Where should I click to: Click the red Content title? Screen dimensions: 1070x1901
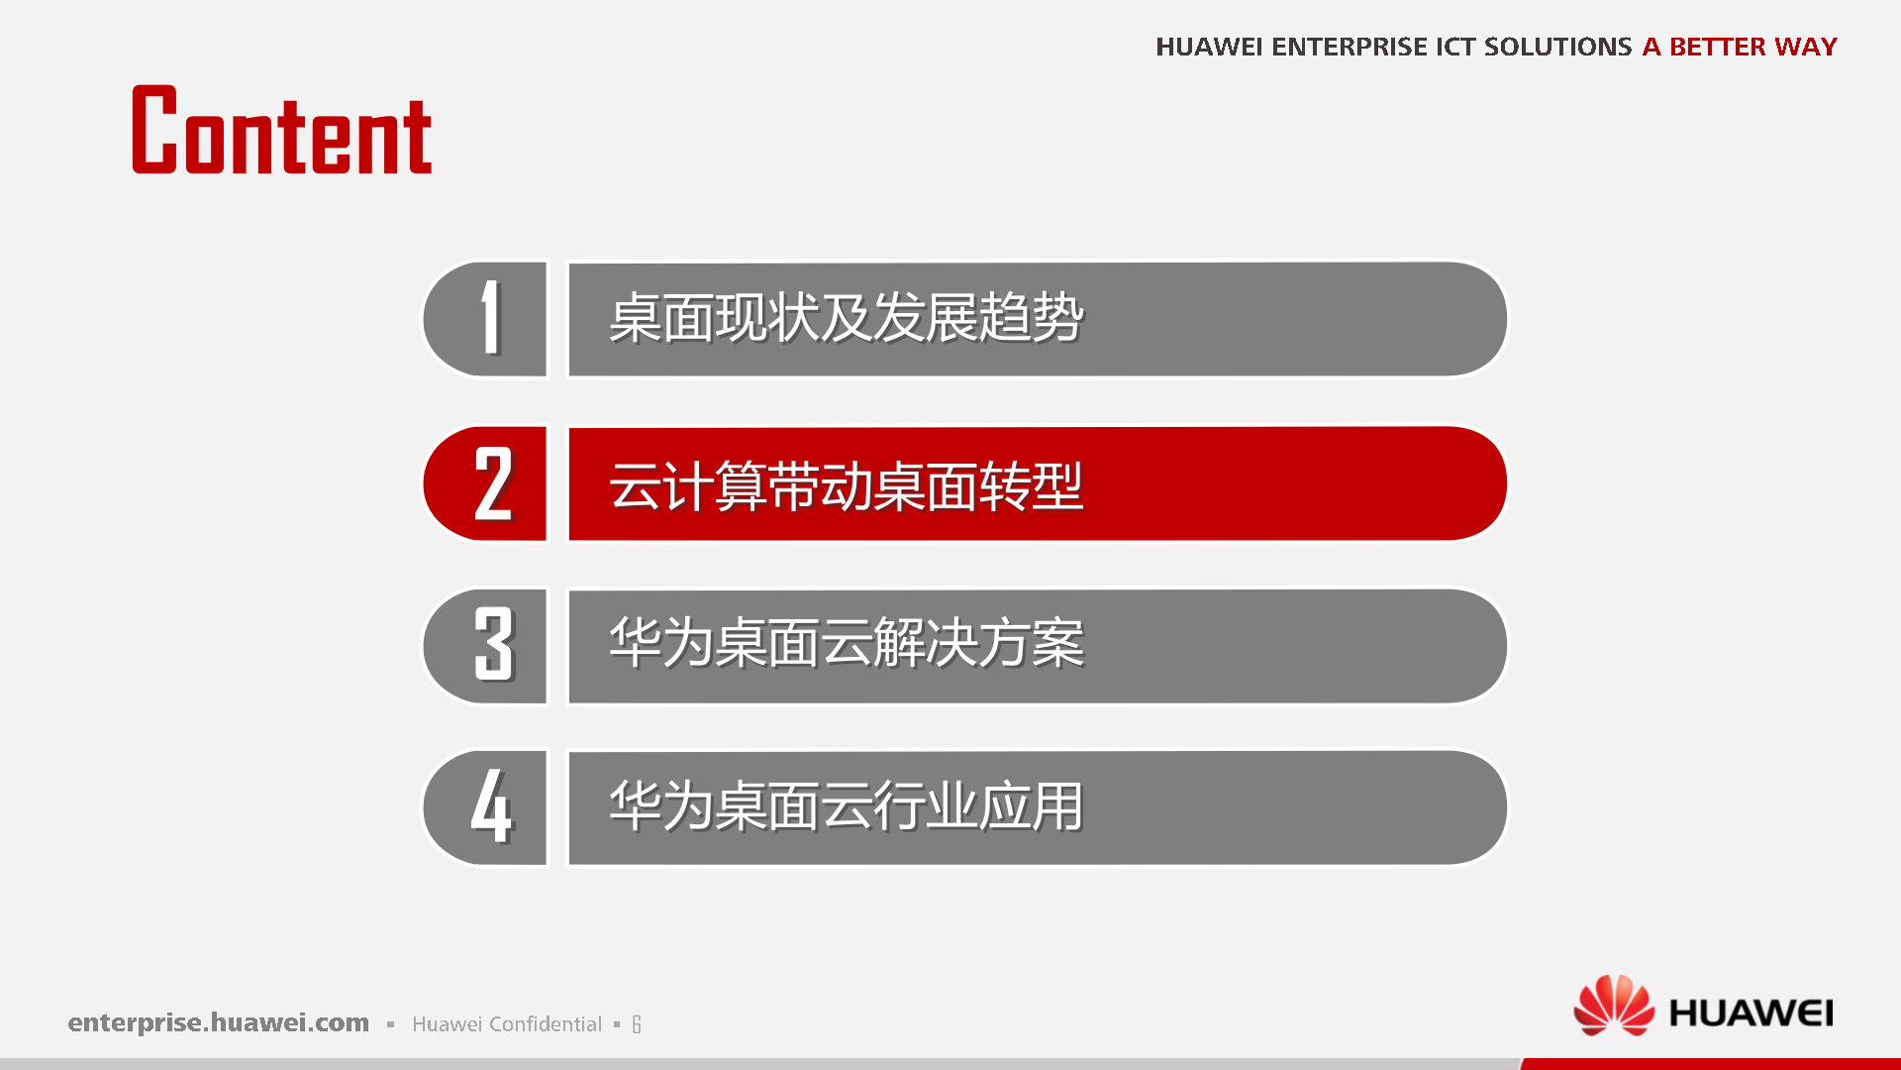(282, 132)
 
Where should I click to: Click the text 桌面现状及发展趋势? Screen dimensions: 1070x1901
(846, 319)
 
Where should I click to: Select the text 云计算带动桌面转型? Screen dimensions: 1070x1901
(846, 485)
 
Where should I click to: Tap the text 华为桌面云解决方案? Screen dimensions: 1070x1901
(846, 644)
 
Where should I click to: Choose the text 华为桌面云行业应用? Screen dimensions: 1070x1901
(846, 806)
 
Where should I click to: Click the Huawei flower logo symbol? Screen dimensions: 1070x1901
(1613, 1007)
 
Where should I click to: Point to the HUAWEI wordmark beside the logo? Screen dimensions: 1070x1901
(1751, 1014)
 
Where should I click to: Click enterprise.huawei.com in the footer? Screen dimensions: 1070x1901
(218, 1022)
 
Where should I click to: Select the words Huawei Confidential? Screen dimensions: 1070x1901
(506, 1024)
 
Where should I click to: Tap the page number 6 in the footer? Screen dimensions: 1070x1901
(637, 1024)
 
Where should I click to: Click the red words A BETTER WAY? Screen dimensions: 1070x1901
(1739, 47)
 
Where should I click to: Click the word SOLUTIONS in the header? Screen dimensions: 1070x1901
(1556, 47)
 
